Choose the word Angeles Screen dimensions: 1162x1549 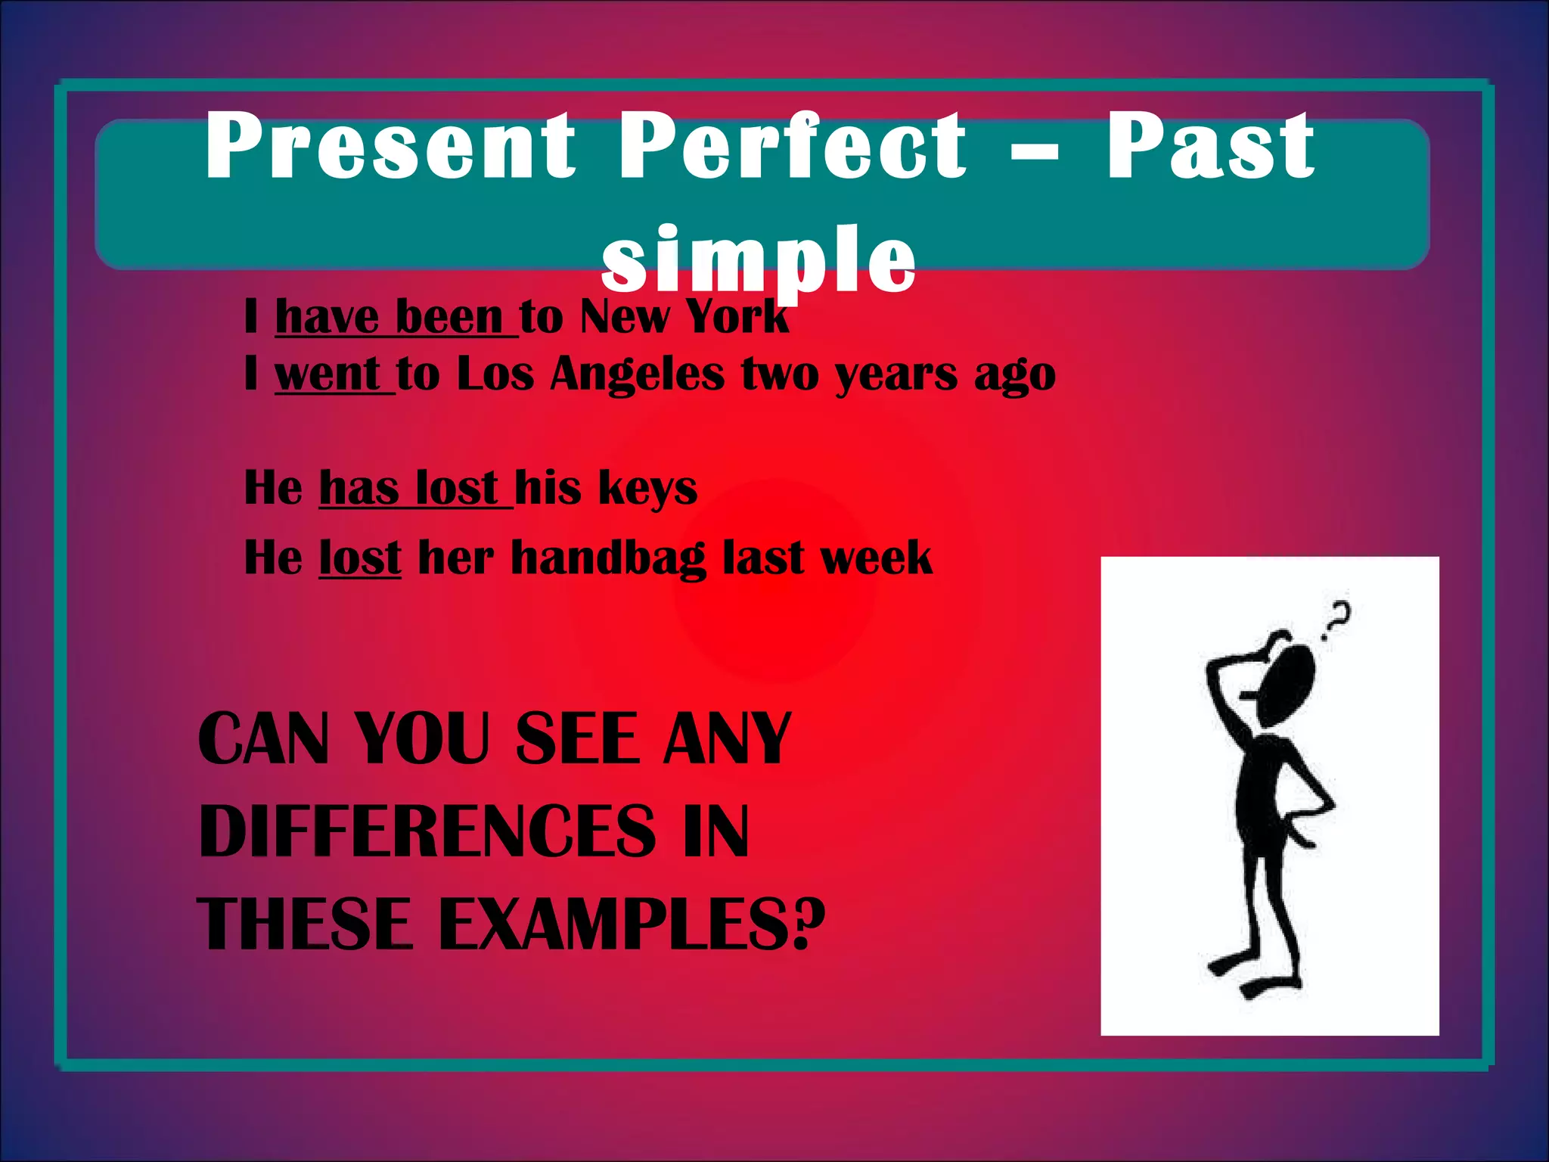click(x=637, y=375)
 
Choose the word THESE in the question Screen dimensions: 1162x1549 click(x=306, y=924)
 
